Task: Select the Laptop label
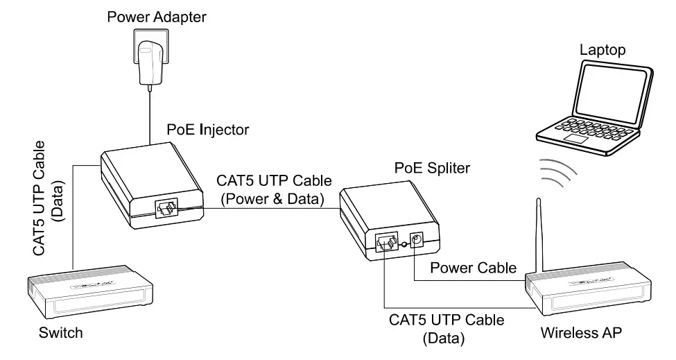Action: coord(603,50)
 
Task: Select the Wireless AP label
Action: coord(582,333)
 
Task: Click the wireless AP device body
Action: coord(589,291)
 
